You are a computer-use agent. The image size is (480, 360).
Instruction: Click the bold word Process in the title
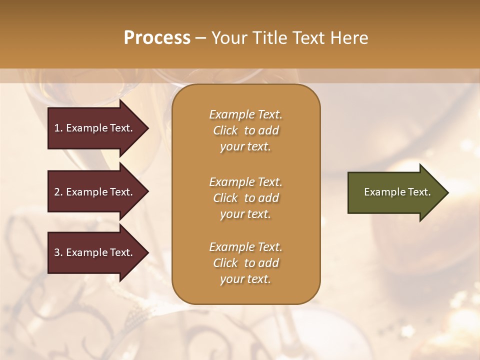coord(157,38)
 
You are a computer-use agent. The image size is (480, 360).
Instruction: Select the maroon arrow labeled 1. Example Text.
coord(95,128)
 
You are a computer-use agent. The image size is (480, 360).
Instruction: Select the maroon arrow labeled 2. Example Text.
coord(95,192)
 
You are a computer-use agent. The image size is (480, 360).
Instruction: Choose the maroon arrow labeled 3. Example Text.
coord(95,252)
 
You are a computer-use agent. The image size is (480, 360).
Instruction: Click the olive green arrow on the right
coord(395,192)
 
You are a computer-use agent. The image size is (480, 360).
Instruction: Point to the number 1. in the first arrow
coord(58,128)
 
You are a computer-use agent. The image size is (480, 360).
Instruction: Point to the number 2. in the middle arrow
coord(58,192)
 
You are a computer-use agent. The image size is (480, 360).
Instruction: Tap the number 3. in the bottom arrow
coord(58,252)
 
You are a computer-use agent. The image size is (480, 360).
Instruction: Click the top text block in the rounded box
coord(245,130)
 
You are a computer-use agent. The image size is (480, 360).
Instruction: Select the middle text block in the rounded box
coord(245,198)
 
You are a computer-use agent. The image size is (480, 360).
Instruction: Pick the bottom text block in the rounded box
coord(245,263)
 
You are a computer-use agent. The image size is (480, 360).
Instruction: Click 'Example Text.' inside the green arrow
coord(397,192)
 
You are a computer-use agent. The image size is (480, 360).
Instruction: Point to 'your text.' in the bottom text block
coord(245,279)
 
